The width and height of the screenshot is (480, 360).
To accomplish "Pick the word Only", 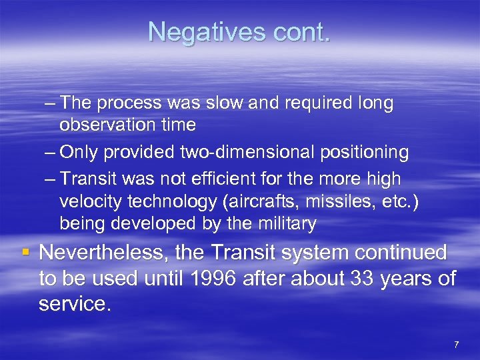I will pyautogui.click(x=80, y=153).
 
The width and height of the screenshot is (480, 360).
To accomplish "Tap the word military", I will pyautogui.click(x=283, y=223).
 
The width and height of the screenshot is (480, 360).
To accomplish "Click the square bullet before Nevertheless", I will pyautogui.click(x=25, y=252).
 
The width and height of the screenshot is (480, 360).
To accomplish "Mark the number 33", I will pyautogui.click(x=362, y=279).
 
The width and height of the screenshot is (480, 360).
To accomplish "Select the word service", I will pyautogui.click(x=73, y=305).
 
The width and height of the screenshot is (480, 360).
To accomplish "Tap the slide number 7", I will pyautogui.click(x=456, y=344).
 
